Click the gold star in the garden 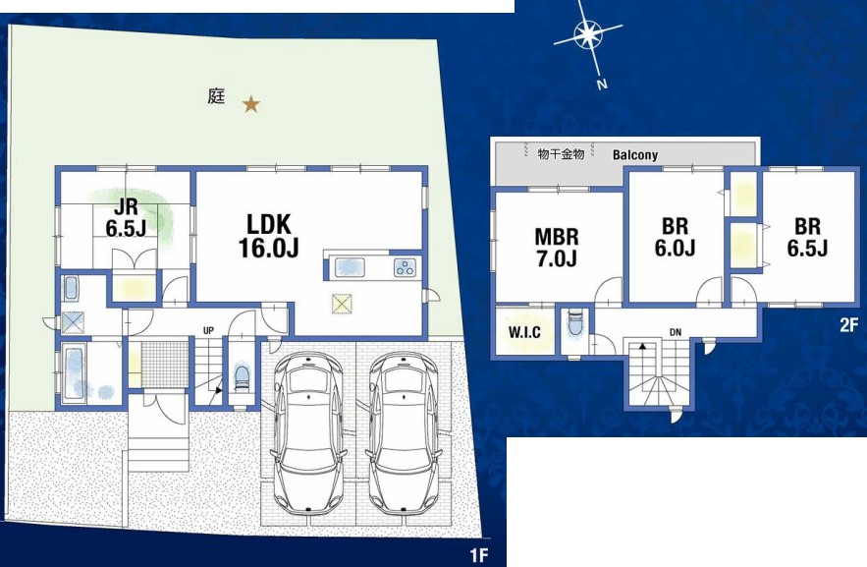coord(251,104)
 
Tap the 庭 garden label coord(216,97)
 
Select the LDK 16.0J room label coord(269,236)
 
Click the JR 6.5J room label coord(126,218)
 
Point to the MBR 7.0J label coord(557,248)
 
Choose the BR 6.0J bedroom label coord(675,237)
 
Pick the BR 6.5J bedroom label coord(807,237)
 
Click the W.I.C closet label coord(524,332)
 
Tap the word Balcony coord(635,155)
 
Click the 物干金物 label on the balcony coord(561,153)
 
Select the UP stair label coord(208,331)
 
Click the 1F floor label coord(479,555)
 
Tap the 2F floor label coord(848,324)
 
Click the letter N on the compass coord(602,85)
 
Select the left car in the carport coord(307,434)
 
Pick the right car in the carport coord(403,434)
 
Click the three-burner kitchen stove coord(405,267)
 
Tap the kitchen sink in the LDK coord(350,267)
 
